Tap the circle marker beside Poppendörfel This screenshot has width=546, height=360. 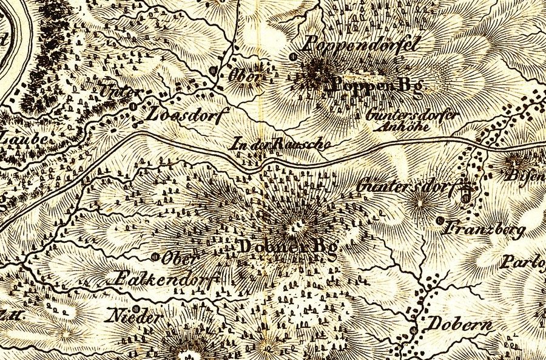click(x=294, y=56)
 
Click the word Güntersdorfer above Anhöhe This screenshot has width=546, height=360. click(x=413, y=115)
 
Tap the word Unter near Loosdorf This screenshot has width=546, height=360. click(x=120, y=92)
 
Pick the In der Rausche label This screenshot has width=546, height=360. click(x=282, y=144)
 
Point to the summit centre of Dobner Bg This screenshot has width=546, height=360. click(x=297, y=228)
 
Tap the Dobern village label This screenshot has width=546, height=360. click(x=460, y=324)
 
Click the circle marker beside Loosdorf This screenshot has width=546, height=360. click(x=133, y=106)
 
